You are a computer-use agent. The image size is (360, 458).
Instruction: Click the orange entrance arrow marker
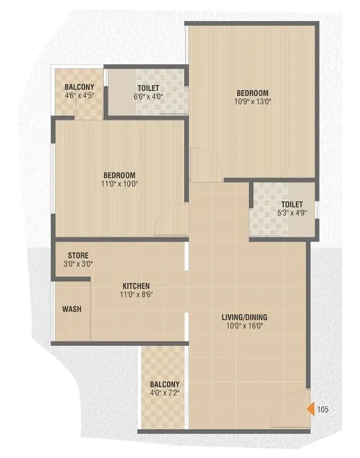tap(311, 409)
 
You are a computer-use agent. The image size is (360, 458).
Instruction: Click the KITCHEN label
tap(136, 286)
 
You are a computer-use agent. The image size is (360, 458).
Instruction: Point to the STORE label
tap(78, 255)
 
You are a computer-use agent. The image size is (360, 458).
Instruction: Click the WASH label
tap(72, 309)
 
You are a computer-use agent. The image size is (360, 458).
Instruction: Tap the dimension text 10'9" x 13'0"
tap(252, 102)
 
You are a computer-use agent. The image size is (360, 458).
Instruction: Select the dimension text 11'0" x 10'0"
tap(120, 184)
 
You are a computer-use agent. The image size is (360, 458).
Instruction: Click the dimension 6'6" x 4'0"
tap(147, 97)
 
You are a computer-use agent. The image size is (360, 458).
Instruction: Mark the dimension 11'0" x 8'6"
tap(136, 294)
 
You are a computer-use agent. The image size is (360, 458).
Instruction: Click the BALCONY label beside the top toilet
tap(79, 87)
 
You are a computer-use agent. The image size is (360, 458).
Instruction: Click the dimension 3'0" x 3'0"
tap(78, 264)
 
